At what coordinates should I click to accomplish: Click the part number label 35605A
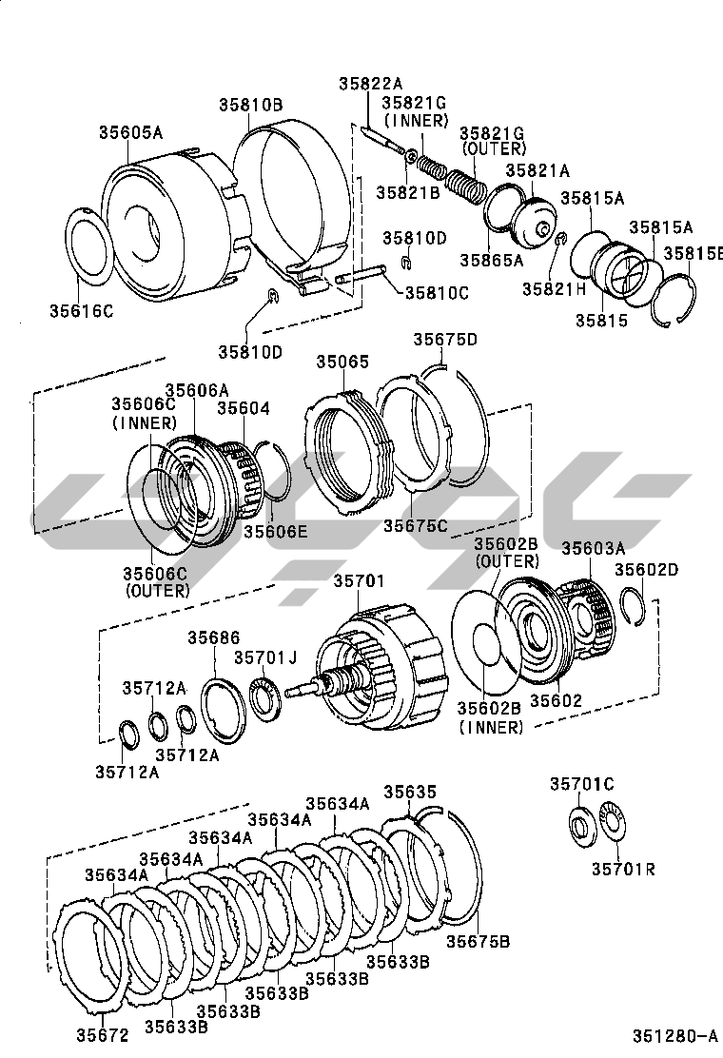click(x=131, y=131)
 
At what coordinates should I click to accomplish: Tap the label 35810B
click(x=250, y=105)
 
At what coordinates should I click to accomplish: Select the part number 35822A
click(x=370, y=84)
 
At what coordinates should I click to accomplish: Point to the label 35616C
click(x=81, y=311)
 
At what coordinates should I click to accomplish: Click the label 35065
click(x=343, y=362)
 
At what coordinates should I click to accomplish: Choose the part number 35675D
click(x=445, y=340)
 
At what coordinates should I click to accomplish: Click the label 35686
click(x=214, y=637)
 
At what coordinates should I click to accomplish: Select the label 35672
click(x=102, y=1035)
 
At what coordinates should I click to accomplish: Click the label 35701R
click(x=624, y=869)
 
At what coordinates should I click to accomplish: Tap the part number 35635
click(x=410, y=792)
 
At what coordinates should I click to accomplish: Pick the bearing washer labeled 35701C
click(x=581, y=824)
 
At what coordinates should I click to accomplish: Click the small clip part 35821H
click(x=560, y=239)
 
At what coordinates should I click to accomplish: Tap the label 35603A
click(x=594, y=548)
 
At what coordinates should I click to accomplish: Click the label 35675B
click(x=479, y=941)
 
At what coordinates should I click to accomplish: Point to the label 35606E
click(x=275, y=532)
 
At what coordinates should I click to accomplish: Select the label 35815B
click(x=693, y=253)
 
